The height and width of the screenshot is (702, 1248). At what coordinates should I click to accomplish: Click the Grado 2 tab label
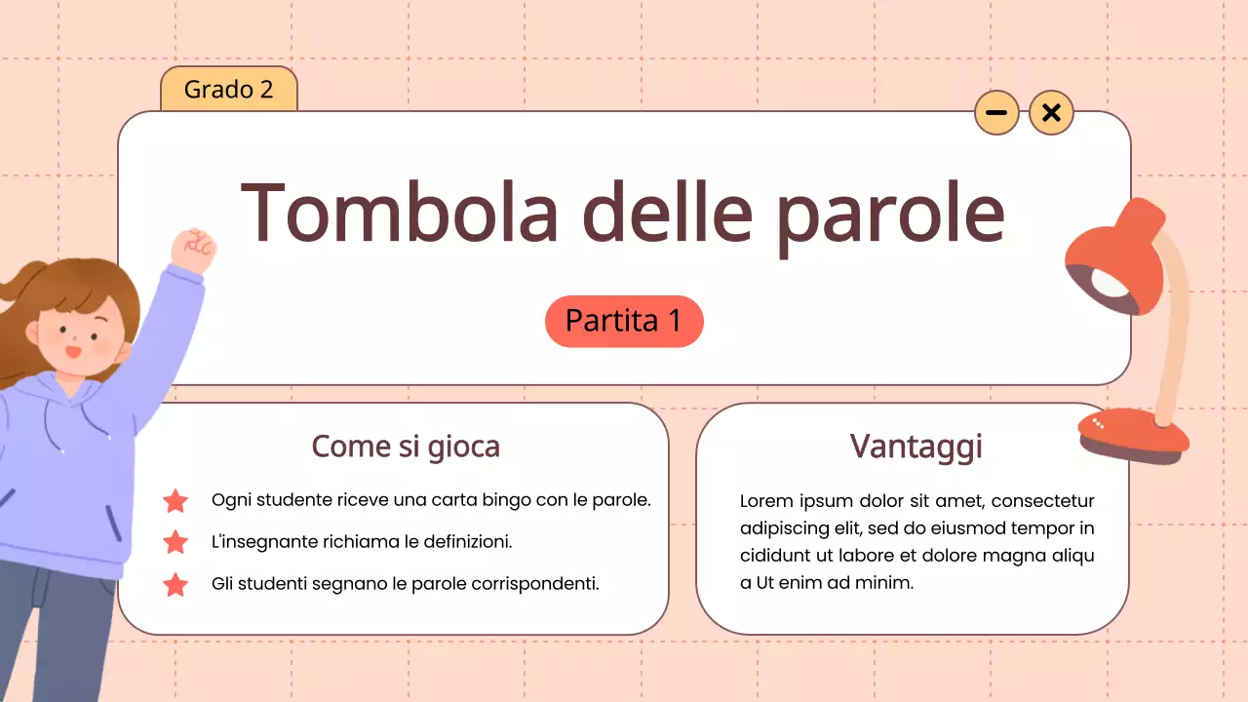(x=228, y=90)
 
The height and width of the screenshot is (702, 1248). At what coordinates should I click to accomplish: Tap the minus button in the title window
(x=996, y=113)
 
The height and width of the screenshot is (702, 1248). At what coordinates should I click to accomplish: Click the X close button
(x=1051, y=113)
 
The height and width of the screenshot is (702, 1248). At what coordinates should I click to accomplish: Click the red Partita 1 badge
(x=624, y=321)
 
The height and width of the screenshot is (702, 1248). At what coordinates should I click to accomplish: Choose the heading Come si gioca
(x=406, y=447)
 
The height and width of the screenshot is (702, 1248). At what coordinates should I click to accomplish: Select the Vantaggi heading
(x=916, y=447)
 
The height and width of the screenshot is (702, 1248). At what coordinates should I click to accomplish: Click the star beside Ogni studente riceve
(x=175, y=501)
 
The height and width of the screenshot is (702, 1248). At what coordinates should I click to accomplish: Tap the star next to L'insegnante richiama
(x=175, y=542)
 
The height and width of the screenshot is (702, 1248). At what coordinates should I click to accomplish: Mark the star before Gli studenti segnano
(x=175, y=584)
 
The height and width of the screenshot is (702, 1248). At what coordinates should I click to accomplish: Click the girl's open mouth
(x=71, y=351)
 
